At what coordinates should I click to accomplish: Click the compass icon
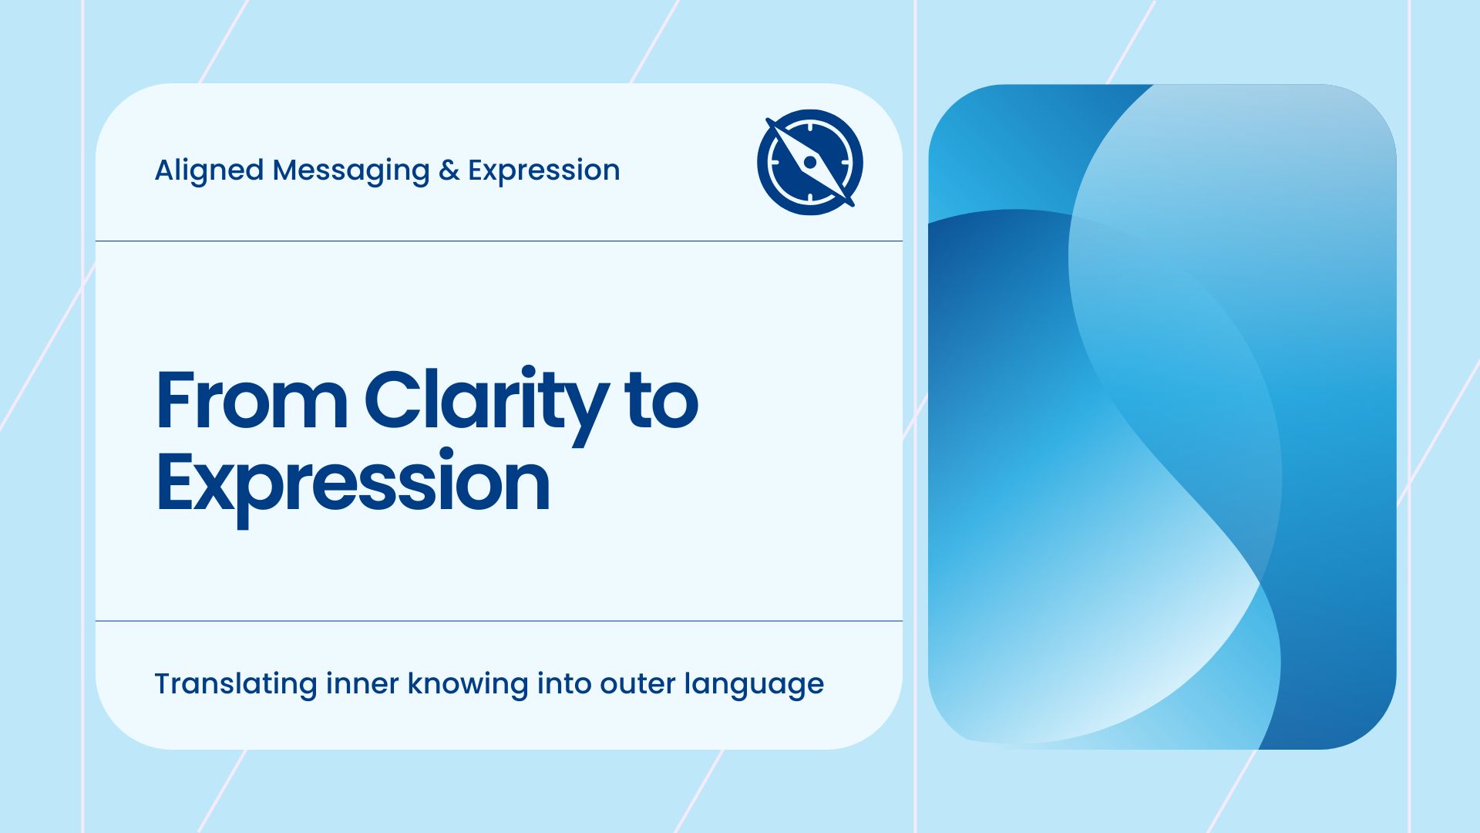(809, 162)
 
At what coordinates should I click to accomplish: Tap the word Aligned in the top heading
(209, 170)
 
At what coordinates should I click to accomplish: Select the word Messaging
(351, 170)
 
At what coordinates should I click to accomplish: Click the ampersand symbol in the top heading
(449, 170)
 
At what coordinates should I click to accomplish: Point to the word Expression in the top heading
(543, 170)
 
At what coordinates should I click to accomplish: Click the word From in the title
(251, 401)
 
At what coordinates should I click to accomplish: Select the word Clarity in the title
(486, 401)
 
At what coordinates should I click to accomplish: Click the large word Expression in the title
(353, 484)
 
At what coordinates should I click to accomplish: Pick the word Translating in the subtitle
(235, 684)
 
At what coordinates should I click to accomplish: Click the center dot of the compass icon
(810, 163)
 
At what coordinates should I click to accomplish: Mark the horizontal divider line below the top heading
(499, 241)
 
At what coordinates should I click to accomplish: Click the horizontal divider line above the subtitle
(499, 621)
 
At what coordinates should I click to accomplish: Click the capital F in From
(173, 401)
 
